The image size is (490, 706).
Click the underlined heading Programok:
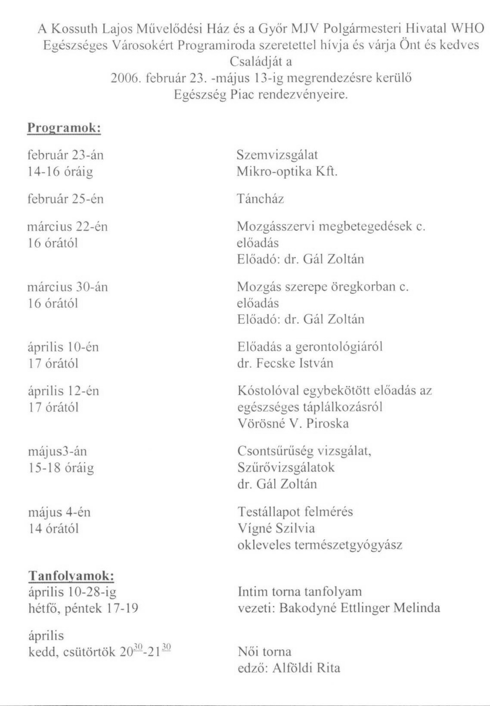point(64,128)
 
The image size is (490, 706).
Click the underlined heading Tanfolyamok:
point(71,576)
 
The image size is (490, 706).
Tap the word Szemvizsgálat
point(277,155)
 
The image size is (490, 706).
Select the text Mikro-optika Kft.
point(287,172)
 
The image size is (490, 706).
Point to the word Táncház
point(261,199)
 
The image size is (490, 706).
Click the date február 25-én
point(65,199)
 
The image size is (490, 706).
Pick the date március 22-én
point(68,227)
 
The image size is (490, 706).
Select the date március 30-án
point(68,287)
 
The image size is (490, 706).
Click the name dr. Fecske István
point(285,363)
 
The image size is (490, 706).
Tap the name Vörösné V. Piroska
point(293,424)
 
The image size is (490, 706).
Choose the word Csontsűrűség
point(276,452)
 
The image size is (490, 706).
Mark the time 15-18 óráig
point(61,468)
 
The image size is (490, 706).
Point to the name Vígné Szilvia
point(276,529)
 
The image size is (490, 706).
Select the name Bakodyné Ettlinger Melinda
point(360,608)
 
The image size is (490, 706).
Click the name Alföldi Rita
point(306,668)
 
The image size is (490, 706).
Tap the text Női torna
point(264,652)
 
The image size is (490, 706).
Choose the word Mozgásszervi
point(275,227)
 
